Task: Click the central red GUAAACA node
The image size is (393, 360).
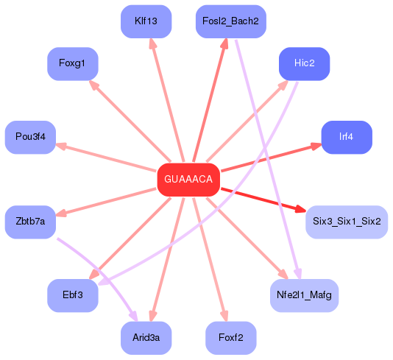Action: coord(188,180)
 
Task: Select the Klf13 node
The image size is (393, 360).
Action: coord(146,21)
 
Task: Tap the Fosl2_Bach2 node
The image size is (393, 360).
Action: coord(230,21)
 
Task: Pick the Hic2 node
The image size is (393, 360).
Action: coord(304,63)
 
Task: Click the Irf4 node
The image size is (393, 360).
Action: coord(346,137)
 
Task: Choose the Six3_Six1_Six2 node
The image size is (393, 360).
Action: coord(346,222)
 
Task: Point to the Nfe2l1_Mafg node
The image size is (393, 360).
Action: coord(304,294)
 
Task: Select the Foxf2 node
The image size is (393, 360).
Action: coord(230,337)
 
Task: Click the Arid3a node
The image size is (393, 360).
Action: coord(146,337)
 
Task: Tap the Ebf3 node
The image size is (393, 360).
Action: coord(73,294)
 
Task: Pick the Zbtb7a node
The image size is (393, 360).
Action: coord(30,222)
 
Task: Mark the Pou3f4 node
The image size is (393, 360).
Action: coord(30,137)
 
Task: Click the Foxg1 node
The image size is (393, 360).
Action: coord(73,63)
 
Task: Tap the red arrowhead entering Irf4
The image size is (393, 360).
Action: coord(316,145)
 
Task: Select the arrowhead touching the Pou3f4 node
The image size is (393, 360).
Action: coord(61,146)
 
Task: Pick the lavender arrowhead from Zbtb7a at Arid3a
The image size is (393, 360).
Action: coord(133,317)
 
